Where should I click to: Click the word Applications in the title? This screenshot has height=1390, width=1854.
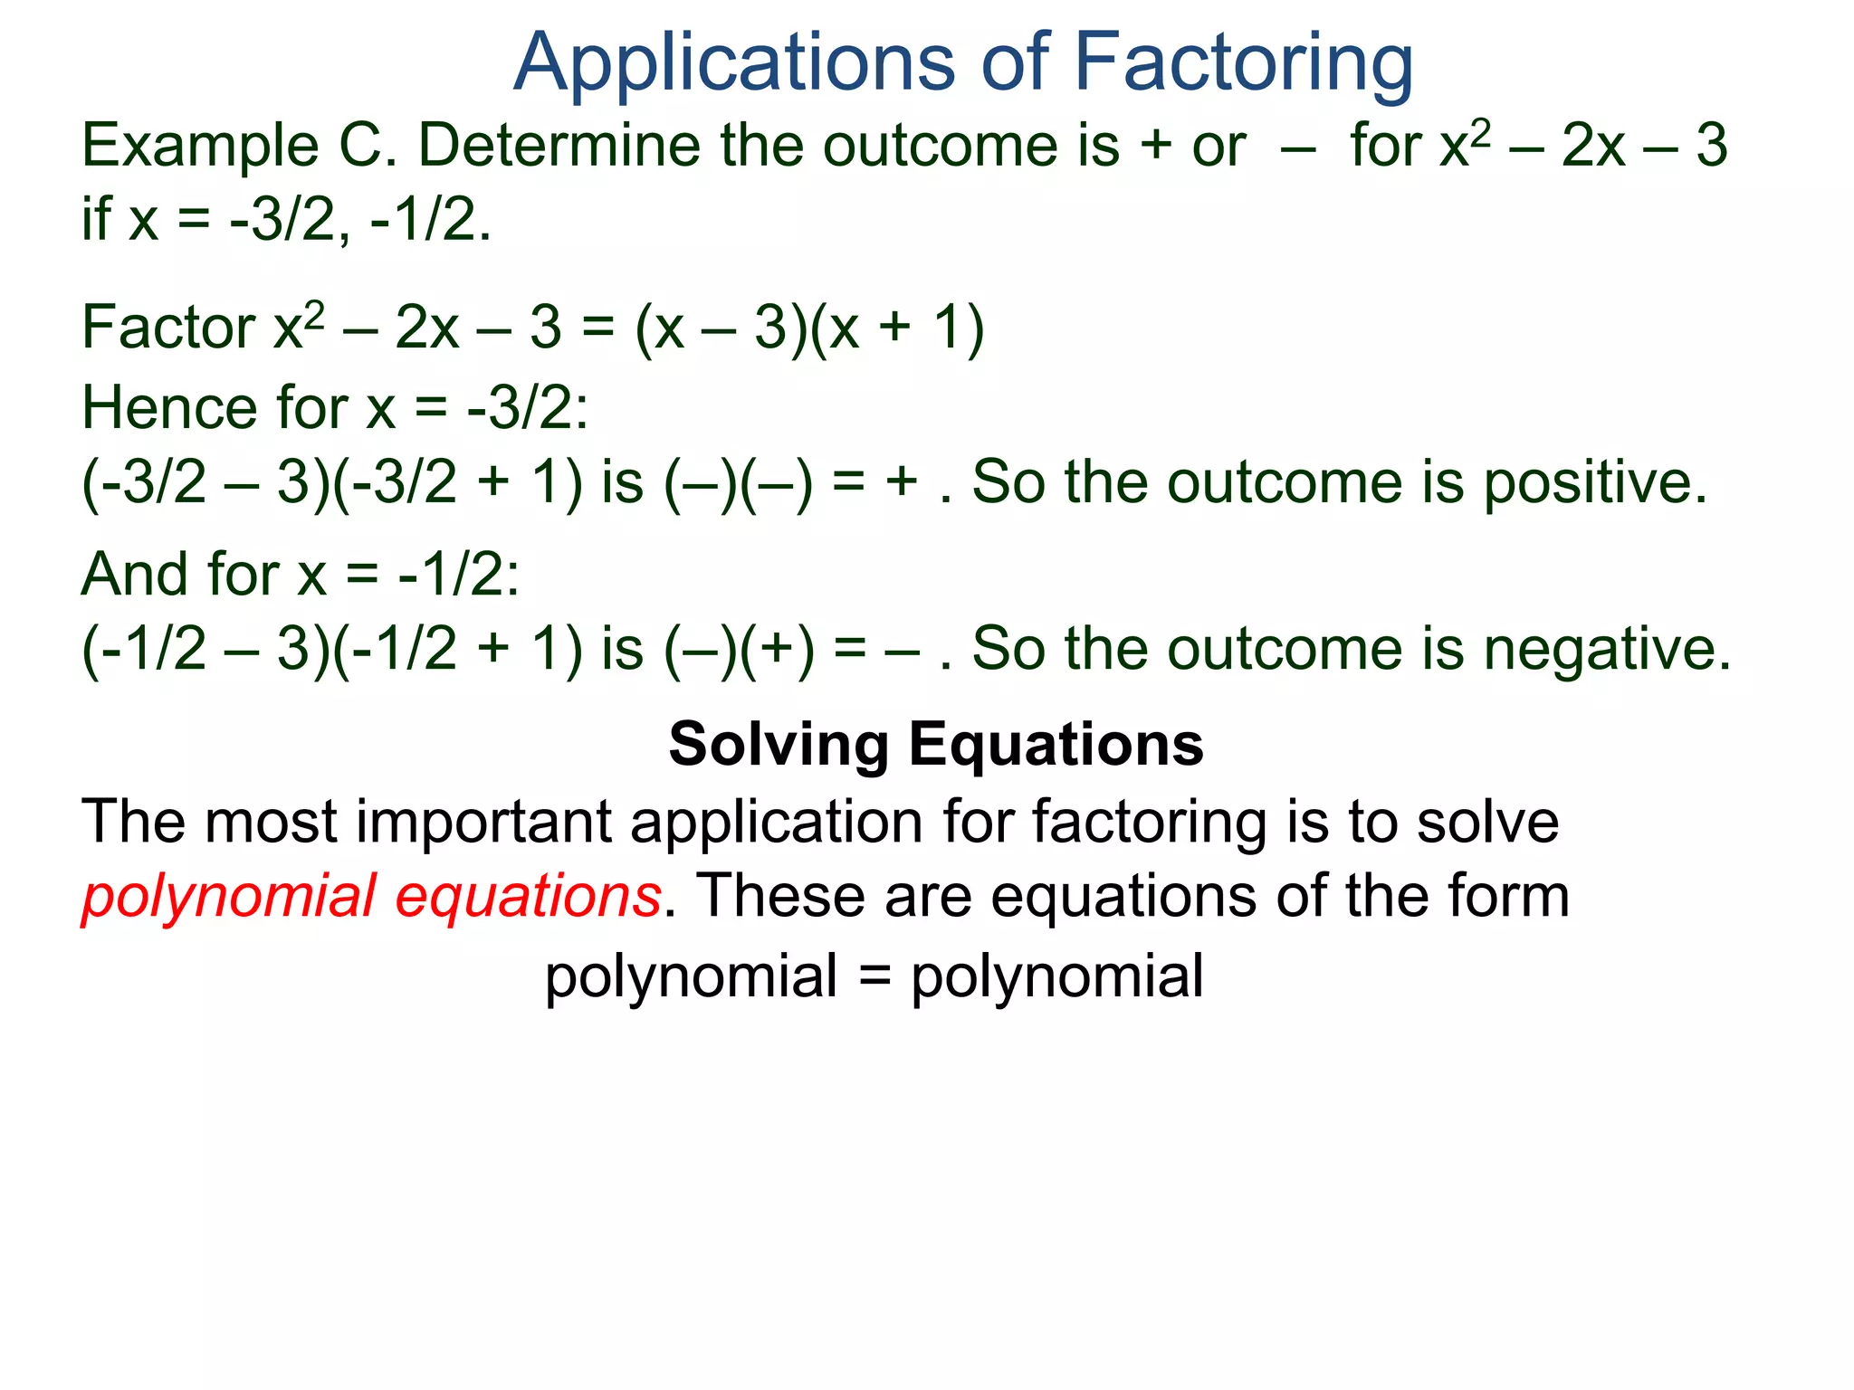pyautogui.click(x=733, y=63)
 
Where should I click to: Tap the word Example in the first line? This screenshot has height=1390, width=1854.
pyautogui.click(x=200, y=147)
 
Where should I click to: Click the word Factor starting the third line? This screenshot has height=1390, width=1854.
pyautogui.click(x=168, y=328)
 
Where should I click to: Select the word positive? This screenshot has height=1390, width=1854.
pyautogui.click(x=1594, y=482)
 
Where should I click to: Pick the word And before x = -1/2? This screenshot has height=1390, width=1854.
pyautogui.click(x=135, y=575)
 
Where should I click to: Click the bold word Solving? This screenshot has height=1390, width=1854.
pyautogui.click(x=779, y=745)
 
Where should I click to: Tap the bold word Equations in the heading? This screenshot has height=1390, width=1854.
pyautogui.click(x=1056, y=745)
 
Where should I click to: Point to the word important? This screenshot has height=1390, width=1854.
pyautogui.click(x=484, y=823)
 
